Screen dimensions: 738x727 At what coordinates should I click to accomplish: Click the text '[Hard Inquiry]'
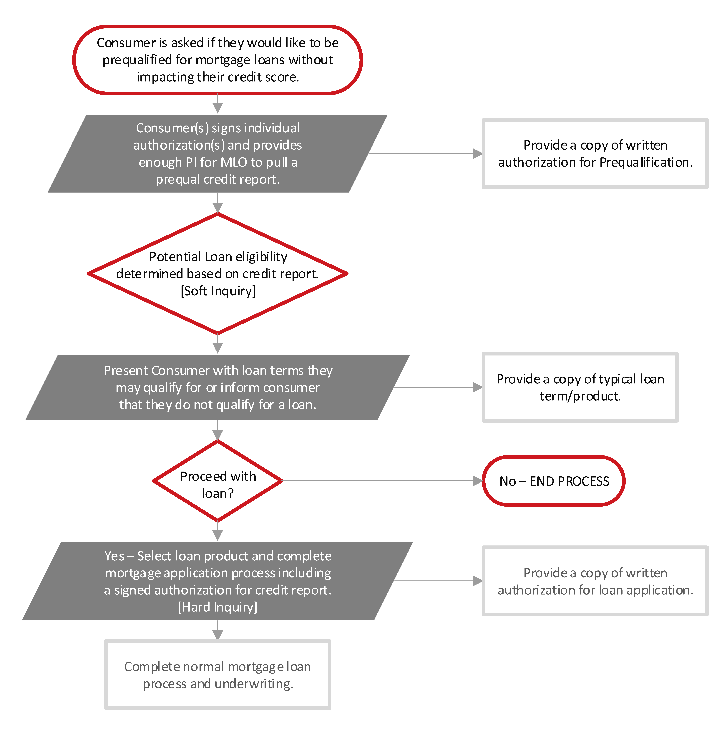(x=218, y=607)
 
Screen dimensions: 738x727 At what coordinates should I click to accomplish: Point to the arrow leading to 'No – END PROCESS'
(x=382, y=481)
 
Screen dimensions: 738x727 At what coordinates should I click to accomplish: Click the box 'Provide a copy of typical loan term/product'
(x=580, y=387)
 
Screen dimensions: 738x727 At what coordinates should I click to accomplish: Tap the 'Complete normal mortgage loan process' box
(x=218, y=675)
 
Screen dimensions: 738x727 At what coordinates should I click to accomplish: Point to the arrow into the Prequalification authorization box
(x=424, y=153)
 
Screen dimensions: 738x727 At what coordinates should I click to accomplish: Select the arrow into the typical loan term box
(x=437, y=387)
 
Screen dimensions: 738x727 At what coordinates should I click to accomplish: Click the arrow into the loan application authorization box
(x=437, y=581)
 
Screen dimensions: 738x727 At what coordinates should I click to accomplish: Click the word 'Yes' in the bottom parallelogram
(x=114, y=556)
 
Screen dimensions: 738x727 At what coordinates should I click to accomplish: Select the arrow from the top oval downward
(x=218, y=104)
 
